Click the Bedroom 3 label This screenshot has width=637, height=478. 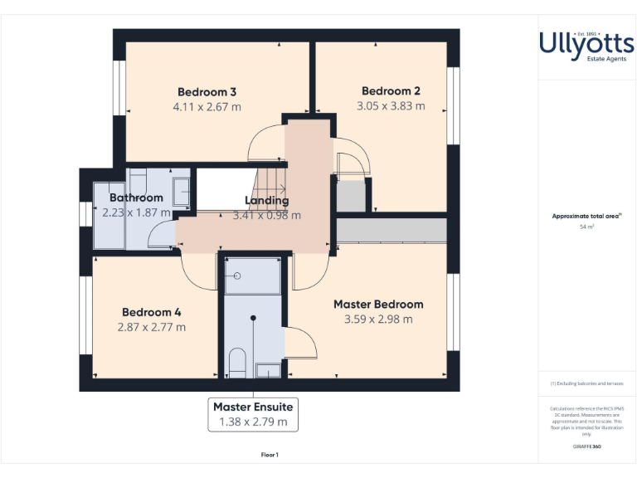click(x=207, y=91)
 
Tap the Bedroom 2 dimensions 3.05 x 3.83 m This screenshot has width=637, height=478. click(x=391, y=106)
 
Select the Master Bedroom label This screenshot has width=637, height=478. click(x=378, y=305)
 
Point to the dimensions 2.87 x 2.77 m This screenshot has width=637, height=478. click(x=152, y=327)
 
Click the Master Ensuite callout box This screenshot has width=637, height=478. click(x=253, y=414)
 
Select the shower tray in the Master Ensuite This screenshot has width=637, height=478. click(x=253, y=276)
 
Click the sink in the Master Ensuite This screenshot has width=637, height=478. click(x=268, y=370)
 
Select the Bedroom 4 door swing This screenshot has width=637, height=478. click(x=197, y=273)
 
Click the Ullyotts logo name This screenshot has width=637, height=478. click(x=580, y=42)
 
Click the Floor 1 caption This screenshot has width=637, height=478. click(x=270, y=455)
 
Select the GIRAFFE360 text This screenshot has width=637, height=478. click(x=586, y=447)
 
